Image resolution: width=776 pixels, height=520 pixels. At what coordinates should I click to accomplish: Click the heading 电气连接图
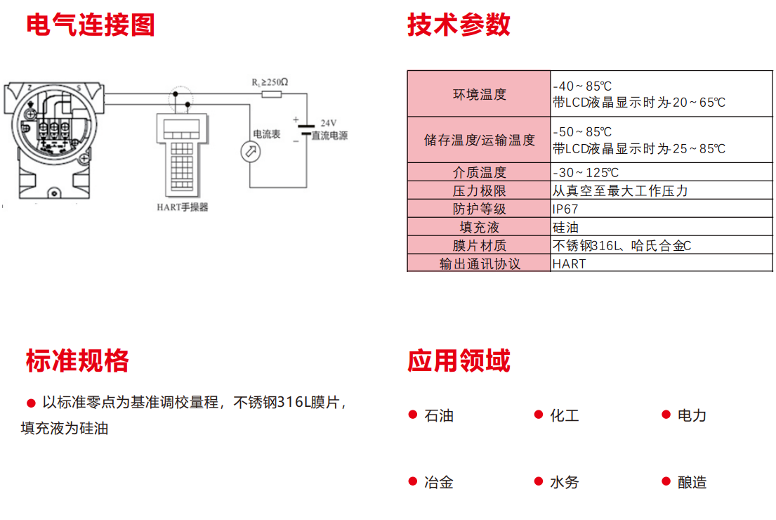[x=91, y=25]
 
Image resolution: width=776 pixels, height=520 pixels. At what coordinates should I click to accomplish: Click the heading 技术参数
[x=459, y=25]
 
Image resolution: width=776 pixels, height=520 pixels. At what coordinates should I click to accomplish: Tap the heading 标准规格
[x=77, y=360]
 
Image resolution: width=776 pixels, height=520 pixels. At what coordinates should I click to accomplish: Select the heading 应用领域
[x=459, y=360]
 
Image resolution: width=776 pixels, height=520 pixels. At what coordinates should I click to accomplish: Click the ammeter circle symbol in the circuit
[x=251, y=152]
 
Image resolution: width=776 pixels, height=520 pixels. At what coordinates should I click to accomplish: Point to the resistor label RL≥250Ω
[x=270, y=82]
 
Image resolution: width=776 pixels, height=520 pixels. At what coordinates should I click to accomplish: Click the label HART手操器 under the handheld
[x=183, y=207]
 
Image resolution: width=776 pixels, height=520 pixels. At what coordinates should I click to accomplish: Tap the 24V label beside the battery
[x=328, y=123]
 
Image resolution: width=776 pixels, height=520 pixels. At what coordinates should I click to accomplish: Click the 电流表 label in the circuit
[x=266, y=134]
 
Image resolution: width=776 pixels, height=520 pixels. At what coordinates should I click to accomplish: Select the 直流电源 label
[x=329, y=135]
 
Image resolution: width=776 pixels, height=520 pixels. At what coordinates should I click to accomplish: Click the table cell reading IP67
[x=565, y=209]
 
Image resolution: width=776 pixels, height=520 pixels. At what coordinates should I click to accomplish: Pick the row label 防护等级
[x=479, y=209]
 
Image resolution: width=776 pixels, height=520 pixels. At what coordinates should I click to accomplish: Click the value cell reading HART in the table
[x=569, y=264]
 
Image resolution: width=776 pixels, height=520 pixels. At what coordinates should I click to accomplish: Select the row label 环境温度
[x=479, y=94]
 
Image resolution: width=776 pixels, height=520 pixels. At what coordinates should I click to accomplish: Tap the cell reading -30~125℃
[x=586, y=172]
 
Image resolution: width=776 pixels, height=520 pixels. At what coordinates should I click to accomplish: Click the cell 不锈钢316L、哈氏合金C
[x=622, y=246]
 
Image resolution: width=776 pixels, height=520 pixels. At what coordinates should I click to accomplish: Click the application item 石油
[x=438, y=415]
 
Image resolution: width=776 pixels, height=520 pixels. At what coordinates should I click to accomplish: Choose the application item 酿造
[x=692, y=482]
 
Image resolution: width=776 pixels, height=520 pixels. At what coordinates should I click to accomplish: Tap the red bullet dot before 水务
[x=539, y=481]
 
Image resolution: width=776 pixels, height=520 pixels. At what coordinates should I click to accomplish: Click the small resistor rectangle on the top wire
[x=271, y=94]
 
